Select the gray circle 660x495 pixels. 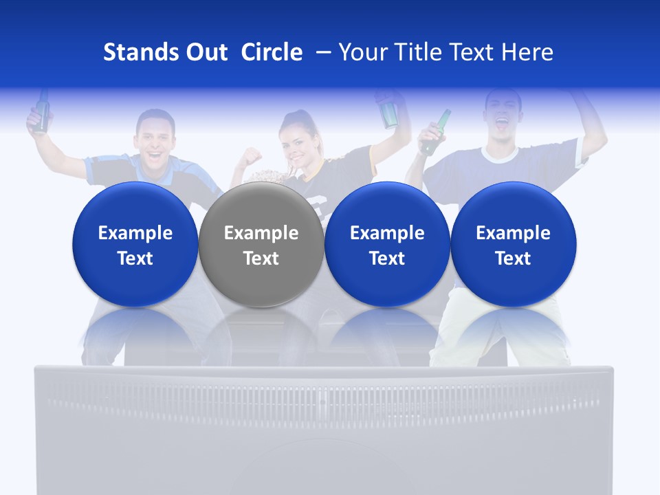(261, 244)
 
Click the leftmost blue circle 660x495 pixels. (135, 244)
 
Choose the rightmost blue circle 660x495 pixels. (513, 244)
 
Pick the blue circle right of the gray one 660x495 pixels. (387, 244)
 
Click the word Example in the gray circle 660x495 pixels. (261, 233)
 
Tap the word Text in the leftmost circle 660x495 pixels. (135, 258)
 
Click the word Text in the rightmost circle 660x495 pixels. (513, 258)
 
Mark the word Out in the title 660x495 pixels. (206, 52)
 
